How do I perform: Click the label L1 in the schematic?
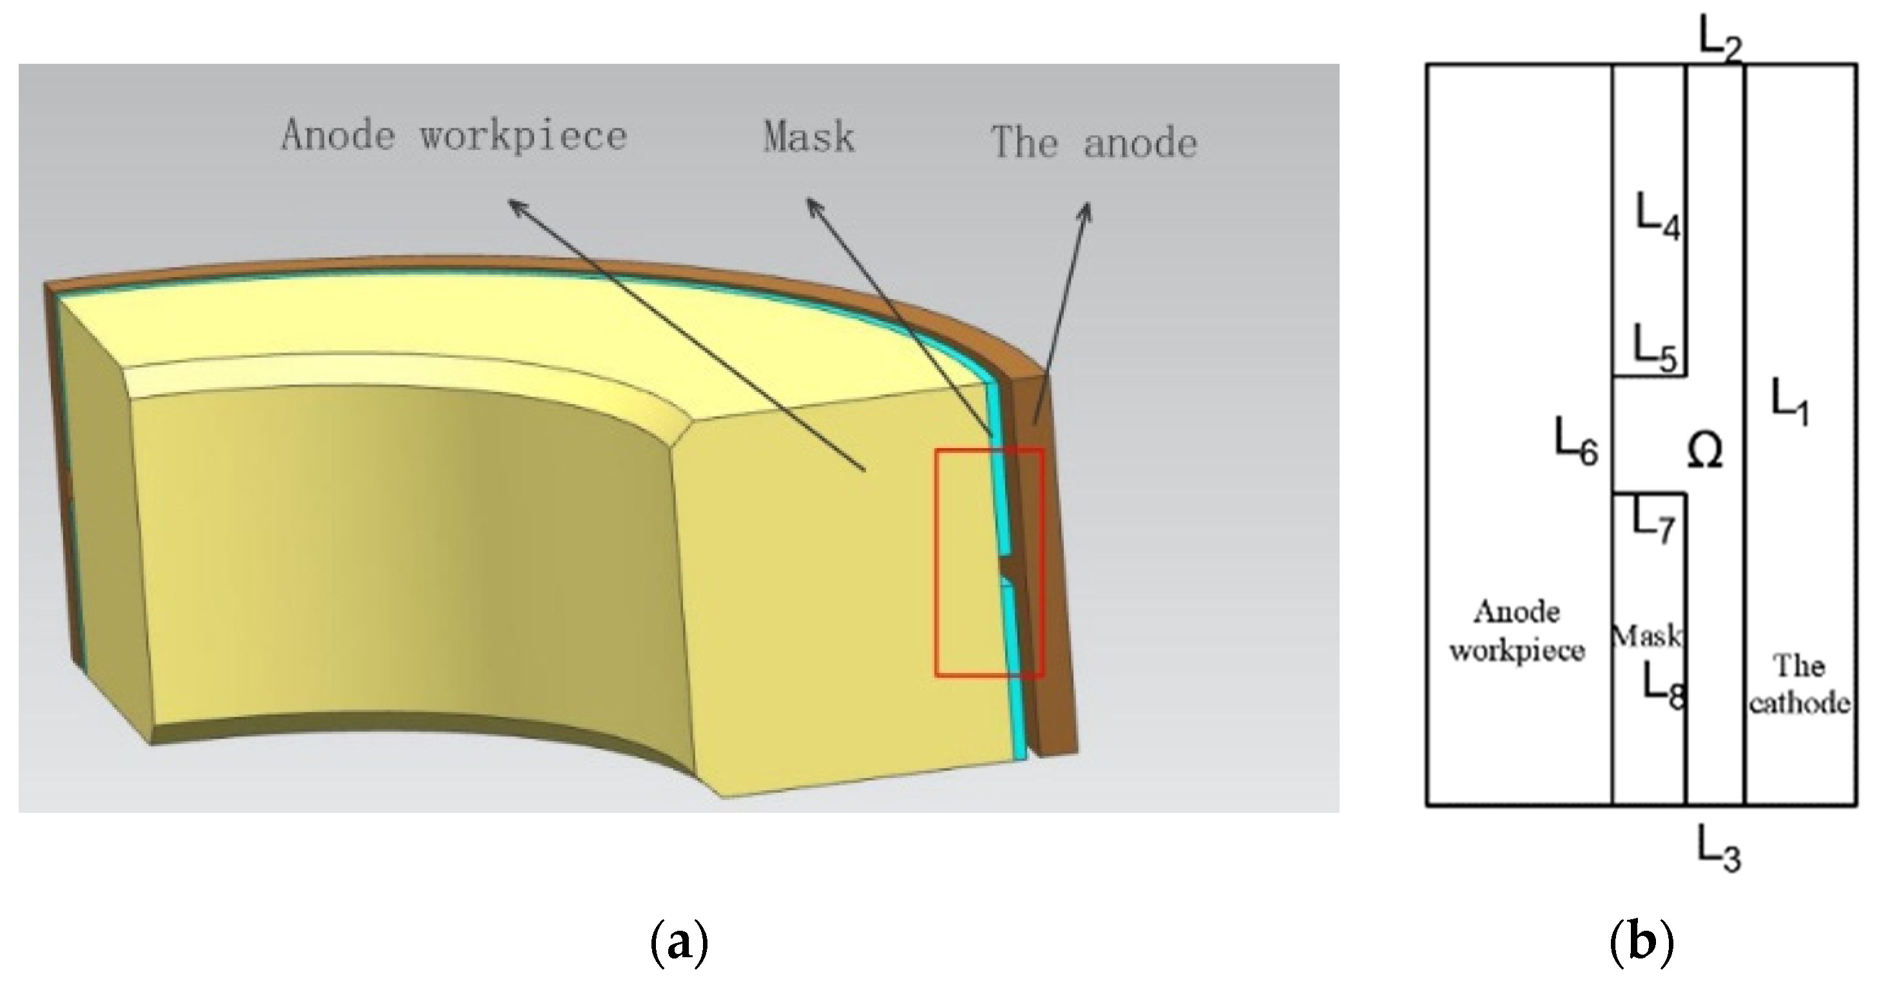pos(1789,402)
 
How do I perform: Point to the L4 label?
pos(1658,217)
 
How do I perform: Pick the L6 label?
pos(1576,442)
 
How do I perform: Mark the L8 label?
pos(1664,686)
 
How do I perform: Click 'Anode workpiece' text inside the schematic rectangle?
pos(1517,630)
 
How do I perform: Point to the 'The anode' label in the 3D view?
pos(1093,142)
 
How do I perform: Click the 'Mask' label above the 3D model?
pos(809,136)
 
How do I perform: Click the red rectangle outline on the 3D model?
pos(937,561)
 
